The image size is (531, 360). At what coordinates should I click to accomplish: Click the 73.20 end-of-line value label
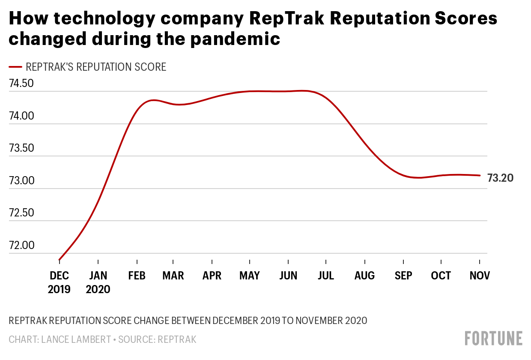coord(500,178)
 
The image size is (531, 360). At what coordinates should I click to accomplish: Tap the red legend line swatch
coord(15,67)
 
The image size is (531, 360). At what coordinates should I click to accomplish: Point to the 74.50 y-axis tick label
coord(21,84)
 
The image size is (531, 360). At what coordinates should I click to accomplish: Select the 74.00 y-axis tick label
coord(21,116)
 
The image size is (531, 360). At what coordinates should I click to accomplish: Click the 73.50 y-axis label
coord(21,148)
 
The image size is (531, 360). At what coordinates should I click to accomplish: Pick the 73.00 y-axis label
coord(21,181)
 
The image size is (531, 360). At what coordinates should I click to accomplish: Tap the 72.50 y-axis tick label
coord(21,213)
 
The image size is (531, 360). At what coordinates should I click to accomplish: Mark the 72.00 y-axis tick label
coord(21,246)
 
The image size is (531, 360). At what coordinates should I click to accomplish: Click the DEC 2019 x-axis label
coord(59,282)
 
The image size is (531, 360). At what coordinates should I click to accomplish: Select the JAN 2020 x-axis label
coord(98,282)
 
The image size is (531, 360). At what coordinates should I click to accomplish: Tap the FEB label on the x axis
coord(137,276)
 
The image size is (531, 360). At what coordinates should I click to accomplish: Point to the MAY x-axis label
coord(250,276)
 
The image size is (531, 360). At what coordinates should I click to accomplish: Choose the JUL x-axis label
coord(326,276)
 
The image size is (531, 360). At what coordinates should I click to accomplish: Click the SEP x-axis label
coord(403,276)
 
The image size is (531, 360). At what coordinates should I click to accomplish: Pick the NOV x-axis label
coord(480,276)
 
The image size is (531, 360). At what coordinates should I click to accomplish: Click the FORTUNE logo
coord(494,338)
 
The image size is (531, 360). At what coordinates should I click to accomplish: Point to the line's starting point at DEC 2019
coord(60,260)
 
